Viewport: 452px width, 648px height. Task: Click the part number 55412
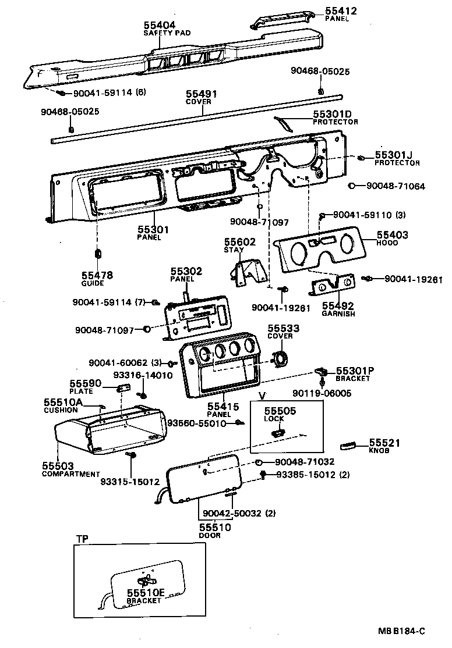pos(341,11)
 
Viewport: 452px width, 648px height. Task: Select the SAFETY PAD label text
pos(167,33)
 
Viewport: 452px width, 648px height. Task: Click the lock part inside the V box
pos(278,431)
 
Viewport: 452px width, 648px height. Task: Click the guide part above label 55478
pos(98,254)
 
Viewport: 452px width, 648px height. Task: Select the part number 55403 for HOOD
pos(392,236)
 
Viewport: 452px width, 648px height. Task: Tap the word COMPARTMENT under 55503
pos(71,474)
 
